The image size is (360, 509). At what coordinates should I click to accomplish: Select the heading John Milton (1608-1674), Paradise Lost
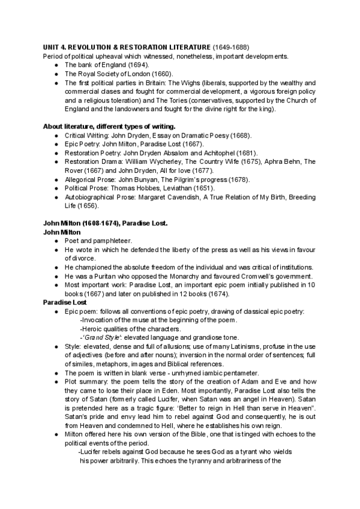pos(105,223)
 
